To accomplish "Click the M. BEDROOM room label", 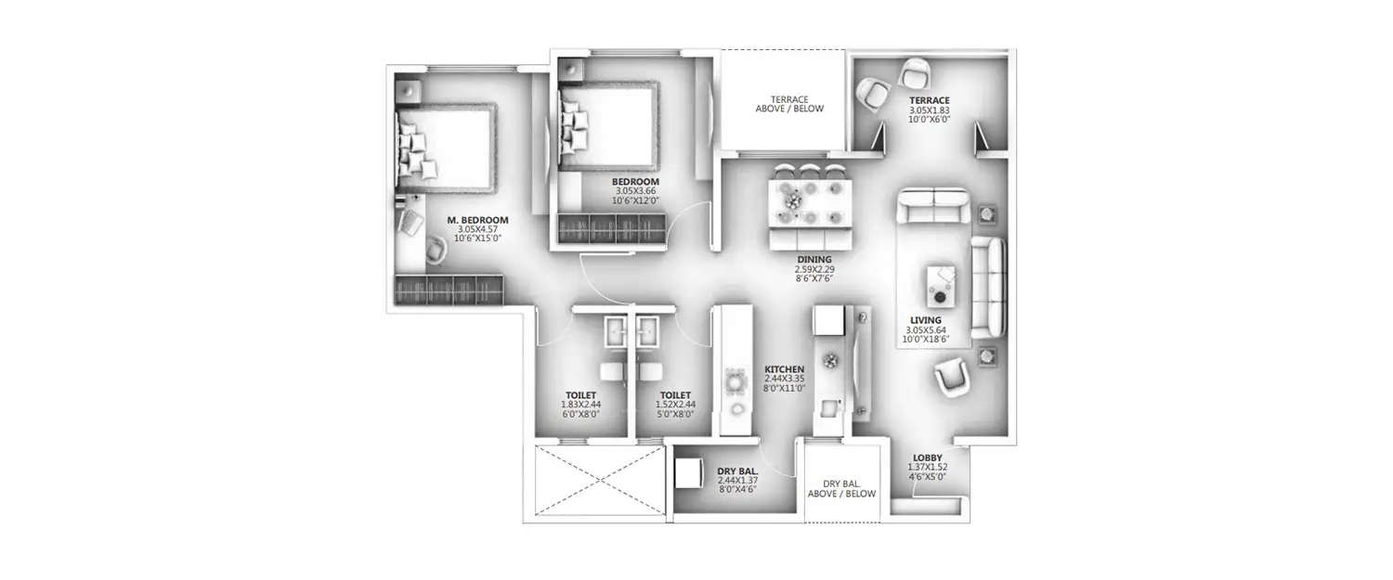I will point(477,220).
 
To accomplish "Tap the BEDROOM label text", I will point(635,181).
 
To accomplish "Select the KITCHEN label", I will point(784,368).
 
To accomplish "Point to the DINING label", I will point(814,260).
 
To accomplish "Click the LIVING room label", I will point(925,319).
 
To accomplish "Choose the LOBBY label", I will point(927,458).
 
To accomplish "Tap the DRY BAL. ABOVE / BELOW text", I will point(841,489).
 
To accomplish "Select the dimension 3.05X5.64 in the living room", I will point(925,329).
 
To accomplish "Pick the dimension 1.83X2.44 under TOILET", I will point(580,405).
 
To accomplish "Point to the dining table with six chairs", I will point(808,199).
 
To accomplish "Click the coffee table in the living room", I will point(941,284).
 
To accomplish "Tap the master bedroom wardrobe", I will point(449,290).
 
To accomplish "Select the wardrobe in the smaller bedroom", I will point(610,228).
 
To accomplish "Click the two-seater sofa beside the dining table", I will point(933,207).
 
